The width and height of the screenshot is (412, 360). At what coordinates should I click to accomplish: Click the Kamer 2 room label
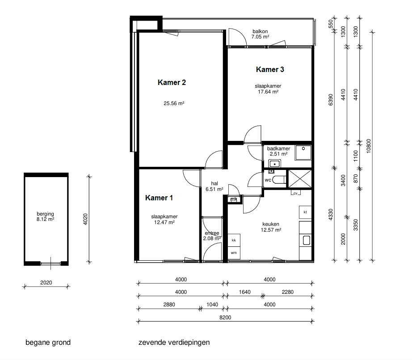(x=172, y=83)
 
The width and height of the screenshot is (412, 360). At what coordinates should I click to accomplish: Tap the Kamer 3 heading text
(x=270, y=69)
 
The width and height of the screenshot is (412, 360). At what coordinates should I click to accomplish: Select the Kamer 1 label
(x=159, y=198)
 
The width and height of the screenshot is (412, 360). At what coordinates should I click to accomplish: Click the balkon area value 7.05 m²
(x=260, y=37)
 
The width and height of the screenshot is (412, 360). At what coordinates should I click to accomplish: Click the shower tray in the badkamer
(x=303, y=152)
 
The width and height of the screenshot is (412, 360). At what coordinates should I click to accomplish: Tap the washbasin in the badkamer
(x=274, y=164)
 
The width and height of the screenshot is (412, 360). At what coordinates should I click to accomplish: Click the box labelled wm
(x=234, y=253)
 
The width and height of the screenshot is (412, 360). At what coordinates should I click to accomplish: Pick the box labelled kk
(x=234, y=240)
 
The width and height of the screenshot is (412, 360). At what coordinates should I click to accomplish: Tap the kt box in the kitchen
(x=305, y=212)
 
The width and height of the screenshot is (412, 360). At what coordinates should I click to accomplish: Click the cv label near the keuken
(x=295, y=193)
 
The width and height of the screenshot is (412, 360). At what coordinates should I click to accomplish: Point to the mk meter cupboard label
(x=234, y=199)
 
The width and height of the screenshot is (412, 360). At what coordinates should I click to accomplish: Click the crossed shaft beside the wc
(x=300, y=179)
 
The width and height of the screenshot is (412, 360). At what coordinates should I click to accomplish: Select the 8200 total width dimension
(x=225, y=318)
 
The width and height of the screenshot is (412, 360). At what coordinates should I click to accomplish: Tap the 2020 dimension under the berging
(x=46, y=283)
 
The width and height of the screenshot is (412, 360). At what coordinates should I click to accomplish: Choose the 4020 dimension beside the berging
(x=85, y=219)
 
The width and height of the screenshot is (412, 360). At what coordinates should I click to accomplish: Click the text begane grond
(x=48, y=343)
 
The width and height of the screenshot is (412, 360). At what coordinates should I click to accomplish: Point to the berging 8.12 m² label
(x=46, y=217)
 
